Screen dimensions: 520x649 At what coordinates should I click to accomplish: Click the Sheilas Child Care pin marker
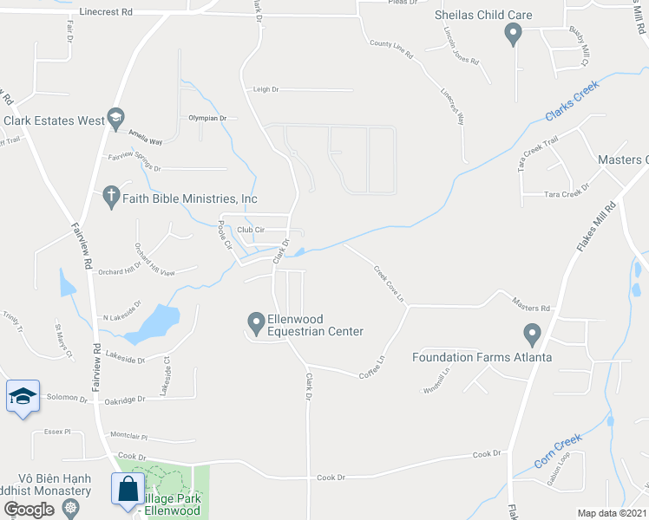tap(512, 35)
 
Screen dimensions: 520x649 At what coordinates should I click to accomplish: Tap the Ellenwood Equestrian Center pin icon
tap(256, 324)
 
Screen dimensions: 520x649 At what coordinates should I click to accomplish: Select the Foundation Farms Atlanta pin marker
tap(532, 334)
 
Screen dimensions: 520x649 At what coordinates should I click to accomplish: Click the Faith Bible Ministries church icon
tap(111, 197)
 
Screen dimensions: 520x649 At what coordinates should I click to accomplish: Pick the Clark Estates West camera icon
tap(115, 120)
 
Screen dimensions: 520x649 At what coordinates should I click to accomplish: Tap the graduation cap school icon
tap(23, 397)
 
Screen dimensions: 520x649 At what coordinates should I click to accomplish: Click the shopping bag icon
tap(128, 489)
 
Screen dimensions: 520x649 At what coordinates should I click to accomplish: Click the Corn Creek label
tap(554, 454)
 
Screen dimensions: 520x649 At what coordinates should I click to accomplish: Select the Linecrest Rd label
tap(105, 13)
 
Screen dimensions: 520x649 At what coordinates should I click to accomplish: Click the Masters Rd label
tap(531, 308)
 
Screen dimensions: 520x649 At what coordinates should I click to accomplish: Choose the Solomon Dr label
tap(67, 400)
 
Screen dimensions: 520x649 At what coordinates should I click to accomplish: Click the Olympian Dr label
tap(207, 118)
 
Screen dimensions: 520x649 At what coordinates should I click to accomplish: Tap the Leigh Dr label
tap(265, 89)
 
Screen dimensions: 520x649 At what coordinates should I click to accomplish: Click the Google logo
tap(29, 510)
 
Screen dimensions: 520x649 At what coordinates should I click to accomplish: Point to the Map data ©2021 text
tap(613, 513)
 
